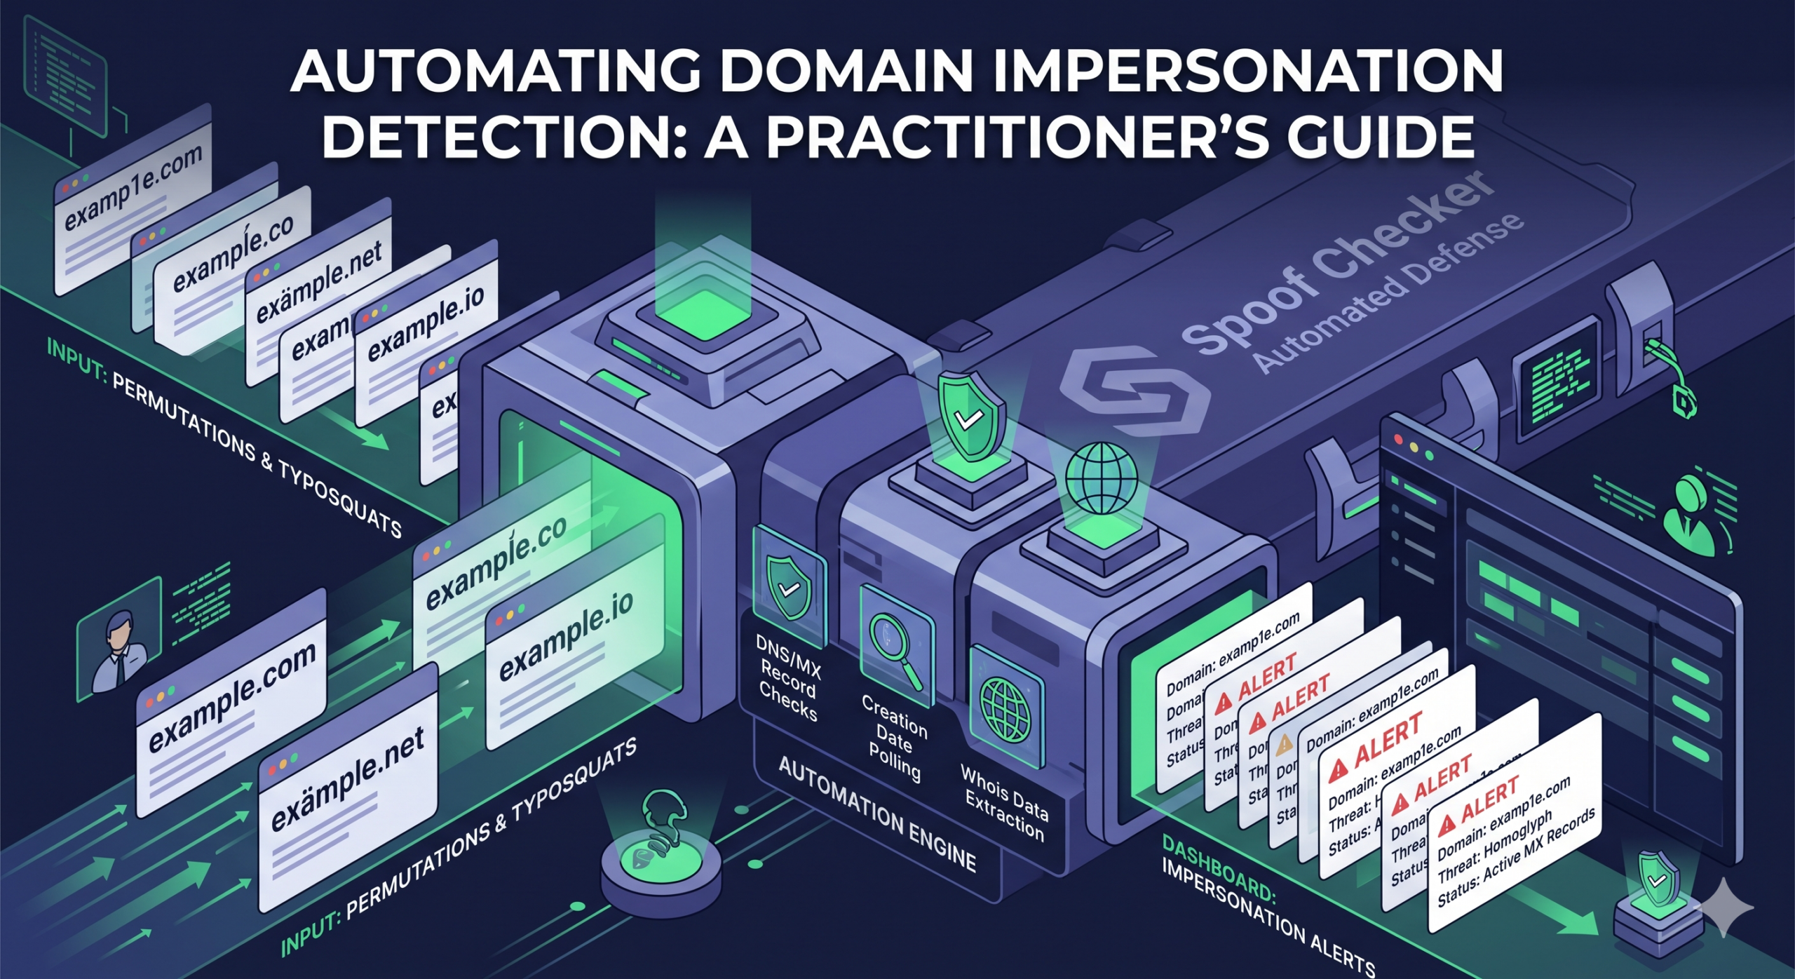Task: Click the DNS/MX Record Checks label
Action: pyautogui.click(x=789, y=677)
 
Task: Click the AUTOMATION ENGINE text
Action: pyautogui.click(x=876, y=813)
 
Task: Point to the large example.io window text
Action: pyautogui.click(x=567, y=641)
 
